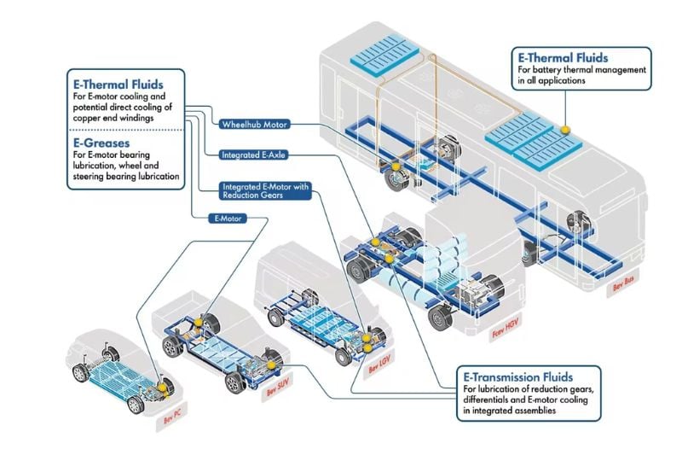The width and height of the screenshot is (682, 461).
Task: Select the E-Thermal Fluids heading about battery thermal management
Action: point(561,57)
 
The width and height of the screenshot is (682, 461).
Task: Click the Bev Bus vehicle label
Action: point(623,288)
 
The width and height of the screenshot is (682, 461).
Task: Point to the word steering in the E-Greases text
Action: point(95,177)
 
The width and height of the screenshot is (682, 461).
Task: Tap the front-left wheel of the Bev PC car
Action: point(82,373)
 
